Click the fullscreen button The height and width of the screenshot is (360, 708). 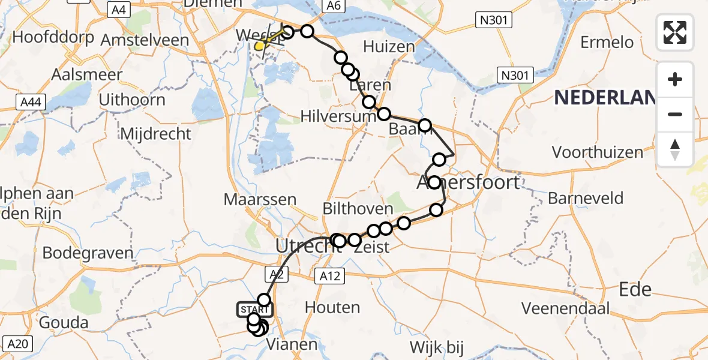(x=675, y=32)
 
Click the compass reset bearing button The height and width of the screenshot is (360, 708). (x=675, y=149)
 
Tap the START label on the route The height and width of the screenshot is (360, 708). (x=255, y=310)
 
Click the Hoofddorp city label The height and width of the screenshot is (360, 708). (x=53, y=37)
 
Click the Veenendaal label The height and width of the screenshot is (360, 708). (x=565, y=308)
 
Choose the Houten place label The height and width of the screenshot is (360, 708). (x=332, y=308)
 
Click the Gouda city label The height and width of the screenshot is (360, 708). (x=64, y=323)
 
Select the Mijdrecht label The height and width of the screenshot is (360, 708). (x=155, y=134)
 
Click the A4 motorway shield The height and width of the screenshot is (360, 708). (x=119, y=10)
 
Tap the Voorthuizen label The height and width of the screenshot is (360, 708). (x=598, y=152)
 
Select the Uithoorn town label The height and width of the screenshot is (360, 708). (x=132, y=100)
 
